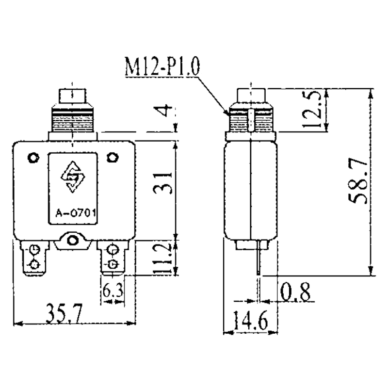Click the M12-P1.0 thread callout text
pos(162,66)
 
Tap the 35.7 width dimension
pos(64,314)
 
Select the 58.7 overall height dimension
pos(358,181)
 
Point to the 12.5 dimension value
pos(312,109)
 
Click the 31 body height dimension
pos(162,184)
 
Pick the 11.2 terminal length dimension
pos(162,259)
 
